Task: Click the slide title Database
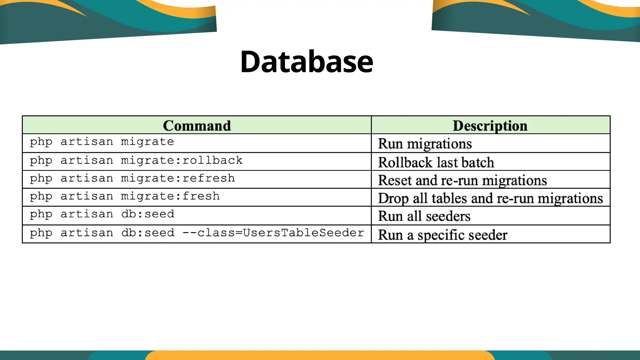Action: [307, 62]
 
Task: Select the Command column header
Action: [197, 126]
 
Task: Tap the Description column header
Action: [490, 126]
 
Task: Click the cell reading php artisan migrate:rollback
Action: [136, 161]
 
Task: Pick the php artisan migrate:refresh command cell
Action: [132, 178]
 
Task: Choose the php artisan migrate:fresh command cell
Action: [125, 196]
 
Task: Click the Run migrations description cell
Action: [425, 144]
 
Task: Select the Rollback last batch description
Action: [436, 162]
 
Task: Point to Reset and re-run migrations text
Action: [462, 180]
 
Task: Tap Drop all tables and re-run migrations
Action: [490, 198]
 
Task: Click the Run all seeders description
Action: [424, 216]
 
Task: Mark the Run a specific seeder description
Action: [442, 235]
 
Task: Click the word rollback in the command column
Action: [212, 160]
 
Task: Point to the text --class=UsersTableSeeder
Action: [273, 233]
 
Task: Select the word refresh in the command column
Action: [208, 178]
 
